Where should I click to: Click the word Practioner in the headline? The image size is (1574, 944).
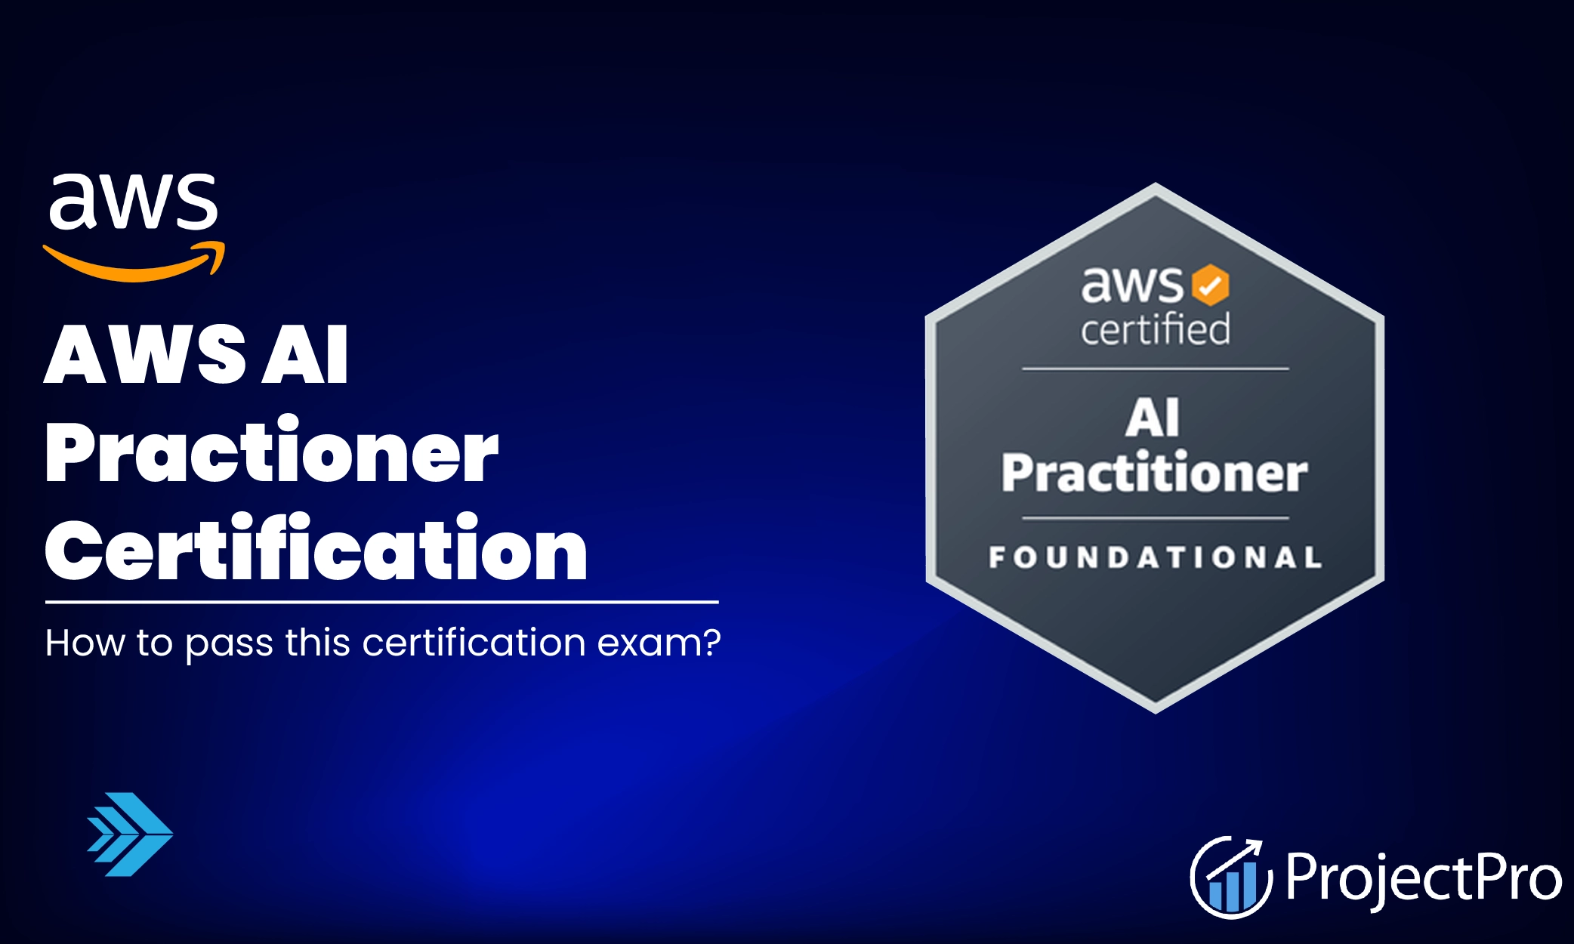coord(272,452)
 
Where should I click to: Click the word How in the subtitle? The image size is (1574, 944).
coord(85,643)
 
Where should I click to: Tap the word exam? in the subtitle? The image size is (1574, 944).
coord(659,643)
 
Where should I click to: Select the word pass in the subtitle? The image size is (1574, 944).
coord(230,646)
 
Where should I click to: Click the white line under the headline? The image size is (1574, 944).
coord(382,602)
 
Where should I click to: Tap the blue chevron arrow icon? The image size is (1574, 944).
coord(130,834)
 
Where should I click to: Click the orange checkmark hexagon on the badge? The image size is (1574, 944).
coord(1210,285)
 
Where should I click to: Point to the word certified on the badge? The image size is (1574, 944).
coord(1155,329)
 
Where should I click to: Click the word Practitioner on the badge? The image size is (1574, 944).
coord(1155,472)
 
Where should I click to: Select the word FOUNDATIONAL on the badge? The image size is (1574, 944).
coord(1156,557)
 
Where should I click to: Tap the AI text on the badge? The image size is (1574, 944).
coord(1153,418)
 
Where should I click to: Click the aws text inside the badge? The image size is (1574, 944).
coord(1132,285)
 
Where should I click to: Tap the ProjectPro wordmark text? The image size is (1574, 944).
coord(1424,878)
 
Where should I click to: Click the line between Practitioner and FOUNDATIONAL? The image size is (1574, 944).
coord(1156,518)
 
